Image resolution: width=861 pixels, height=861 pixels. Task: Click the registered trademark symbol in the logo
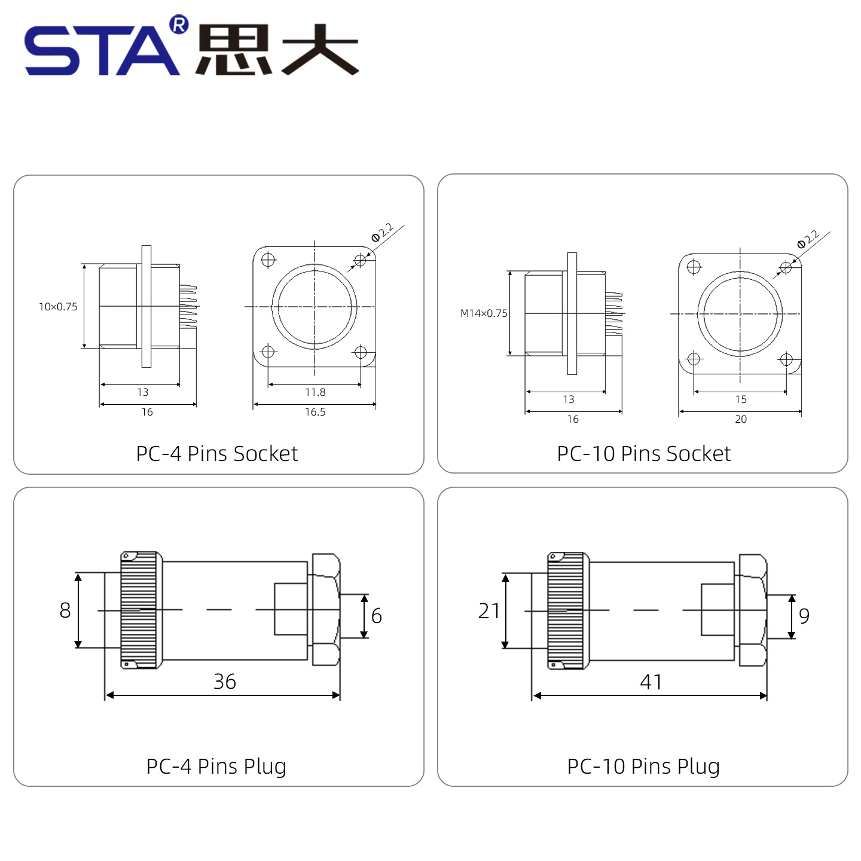tap(179, 25)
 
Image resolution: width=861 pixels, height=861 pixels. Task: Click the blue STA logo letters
tap(102, 50)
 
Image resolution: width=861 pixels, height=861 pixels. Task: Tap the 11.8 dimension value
tap(315, 392)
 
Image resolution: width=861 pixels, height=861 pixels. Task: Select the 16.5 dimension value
tap(315, 411)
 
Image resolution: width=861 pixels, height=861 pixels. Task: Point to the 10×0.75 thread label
tap(58, 307)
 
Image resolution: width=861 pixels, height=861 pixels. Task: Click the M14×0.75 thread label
tap(484, 313)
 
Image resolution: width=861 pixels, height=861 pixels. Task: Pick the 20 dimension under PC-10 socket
tap(740, 419)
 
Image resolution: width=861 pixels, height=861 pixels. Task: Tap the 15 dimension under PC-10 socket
tap(740, 399)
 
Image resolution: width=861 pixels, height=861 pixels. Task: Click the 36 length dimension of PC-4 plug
tap(224, 681)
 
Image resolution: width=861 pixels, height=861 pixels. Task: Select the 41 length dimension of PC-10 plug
tap(651, 682)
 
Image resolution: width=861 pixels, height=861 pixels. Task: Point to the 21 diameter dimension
tap(489, 610)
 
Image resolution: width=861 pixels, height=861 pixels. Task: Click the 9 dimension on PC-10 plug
tap(804, 615)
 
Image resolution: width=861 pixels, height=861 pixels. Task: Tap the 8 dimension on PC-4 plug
tap(65, 610)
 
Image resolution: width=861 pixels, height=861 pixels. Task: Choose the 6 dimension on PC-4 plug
tap(376, 615)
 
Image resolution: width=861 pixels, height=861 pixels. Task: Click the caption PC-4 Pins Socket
tap(216, 453)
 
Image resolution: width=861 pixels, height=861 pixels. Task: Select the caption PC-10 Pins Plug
tap(643, 767)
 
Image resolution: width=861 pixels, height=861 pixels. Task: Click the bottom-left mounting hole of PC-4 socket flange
tap(268, 352)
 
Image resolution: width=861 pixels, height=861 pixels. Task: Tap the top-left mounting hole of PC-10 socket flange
tap(694, 267)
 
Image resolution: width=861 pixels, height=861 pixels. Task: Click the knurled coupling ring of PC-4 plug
tap(139, 610)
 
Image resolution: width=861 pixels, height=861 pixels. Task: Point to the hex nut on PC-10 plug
tap(753, 610)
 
